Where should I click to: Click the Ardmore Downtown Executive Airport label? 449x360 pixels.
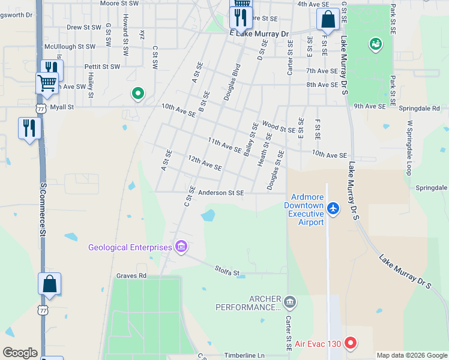coord(307,209)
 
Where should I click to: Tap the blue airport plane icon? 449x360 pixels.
coord(334,209)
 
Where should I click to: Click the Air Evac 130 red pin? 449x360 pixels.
coord(350,344)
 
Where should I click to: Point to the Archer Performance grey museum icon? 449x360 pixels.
coord(290,301)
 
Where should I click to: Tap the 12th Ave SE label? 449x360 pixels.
coord(205,162)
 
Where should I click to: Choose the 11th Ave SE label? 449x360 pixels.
coord(224,145)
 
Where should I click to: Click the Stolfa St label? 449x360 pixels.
coord(228,272)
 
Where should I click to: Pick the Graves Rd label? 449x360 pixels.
coord(131,276)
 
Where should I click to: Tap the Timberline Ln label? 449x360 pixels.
coord(244,356)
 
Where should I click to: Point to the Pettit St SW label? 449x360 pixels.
coord(102,67)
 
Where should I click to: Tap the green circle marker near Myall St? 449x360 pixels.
coord(137,94)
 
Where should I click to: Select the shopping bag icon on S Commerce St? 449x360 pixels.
coord(49,284)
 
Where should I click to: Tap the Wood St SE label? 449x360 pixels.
coord(279,127)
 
